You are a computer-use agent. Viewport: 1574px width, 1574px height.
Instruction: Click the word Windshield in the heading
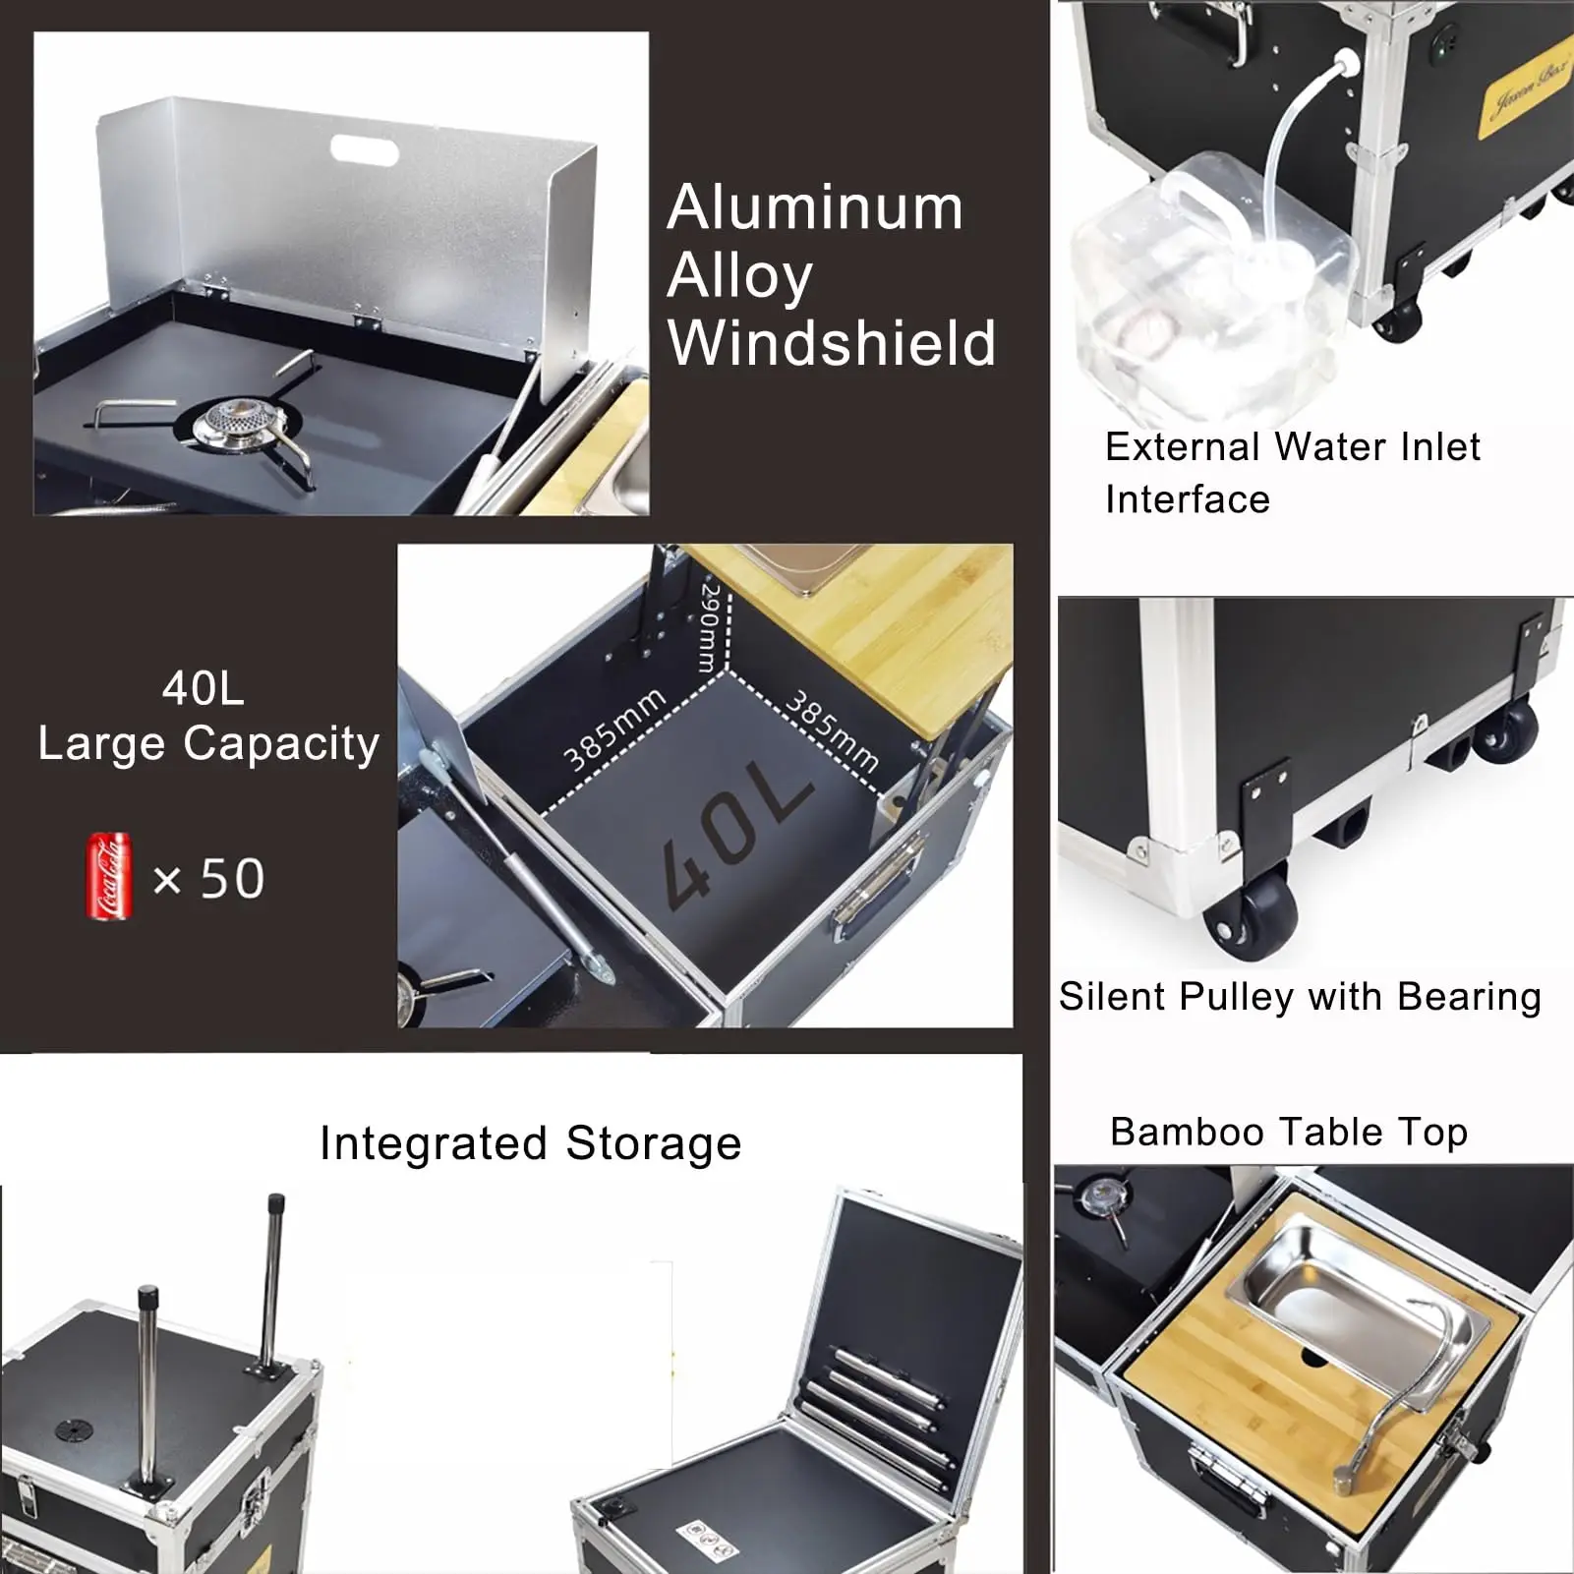pos(832,344)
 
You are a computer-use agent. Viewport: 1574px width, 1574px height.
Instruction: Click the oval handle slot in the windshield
pos(364,151)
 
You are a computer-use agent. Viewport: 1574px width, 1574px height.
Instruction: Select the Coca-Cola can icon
pos(108,876)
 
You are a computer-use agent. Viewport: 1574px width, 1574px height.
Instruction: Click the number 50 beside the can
pos(233,878)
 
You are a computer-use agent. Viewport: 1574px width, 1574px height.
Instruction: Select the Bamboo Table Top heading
pos(1288,1133)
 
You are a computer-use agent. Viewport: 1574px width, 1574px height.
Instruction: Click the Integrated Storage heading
pos(531,1143)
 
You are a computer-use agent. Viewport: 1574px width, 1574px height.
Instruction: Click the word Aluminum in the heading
pos(815,208)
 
